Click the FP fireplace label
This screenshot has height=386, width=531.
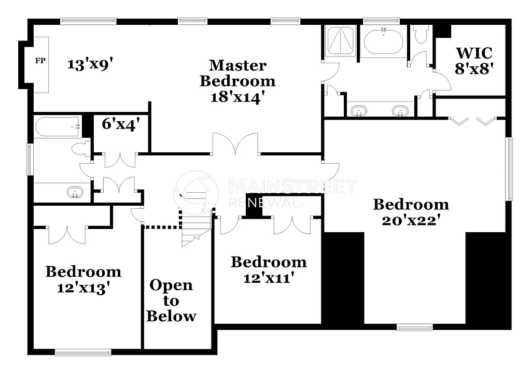(40, 61)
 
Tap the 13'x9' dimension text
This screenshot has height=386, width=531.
(90, 64)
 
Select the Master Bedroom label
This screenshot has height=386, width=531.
(237, 81)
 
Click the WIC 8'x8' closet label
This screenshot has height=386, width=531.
(473, 60)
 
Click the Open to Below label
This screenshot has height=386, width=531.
(171, 301)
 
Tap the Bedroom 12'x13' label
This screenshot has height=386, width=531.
(83, 279)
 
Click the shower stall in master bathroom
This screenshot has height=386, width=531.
(340, 40)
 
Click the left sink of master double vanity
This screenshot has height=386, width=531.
(359, 110)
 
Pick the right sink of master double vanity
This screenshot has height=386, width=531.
(399, 110)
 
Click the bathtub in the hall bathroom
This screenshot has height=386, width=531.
(57, 126)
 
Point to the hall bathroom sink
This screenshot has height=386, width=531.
(75, 193)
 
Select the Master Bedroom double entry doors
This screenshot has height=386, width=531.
(236, 145)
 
